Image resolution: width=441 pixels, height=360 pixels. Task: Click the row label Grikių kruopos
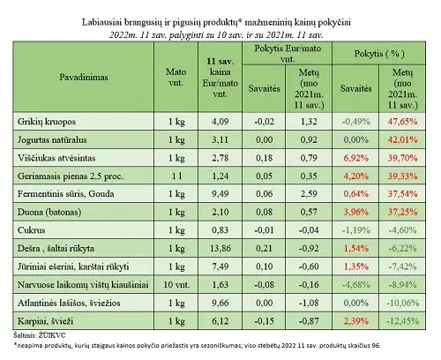[47, 122]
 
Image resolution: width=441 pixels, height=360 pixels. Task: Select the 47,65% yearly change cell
[402, 122]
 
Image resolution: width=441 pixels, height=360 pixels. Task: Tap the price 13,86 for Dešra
[220, 249]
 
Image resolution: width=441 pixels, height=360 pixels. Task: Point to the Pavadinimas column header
[84, 78]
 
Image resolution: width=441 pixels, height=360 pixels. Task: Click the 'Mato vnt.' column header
[176, 77]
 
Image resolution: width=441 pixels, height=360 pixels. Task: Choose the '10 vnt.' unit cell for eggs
[176, 285]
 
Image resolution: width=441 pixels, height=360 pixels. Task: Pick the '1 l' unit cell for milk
[176, 176]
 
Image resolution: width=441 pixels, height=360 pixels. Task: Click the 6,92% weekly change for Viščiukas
[356, 158]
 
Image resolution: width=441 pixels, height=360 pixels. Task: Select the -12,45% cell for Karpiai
[402, 321]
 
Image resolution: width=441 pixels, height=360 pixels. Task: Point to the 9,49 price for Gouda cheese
[220, 194]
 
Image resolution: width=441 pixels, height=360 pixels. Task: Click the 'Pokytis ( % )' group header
[379, 54]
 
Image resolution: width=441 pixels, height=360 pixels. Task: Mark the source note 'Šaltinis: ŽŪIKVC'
[40, 335]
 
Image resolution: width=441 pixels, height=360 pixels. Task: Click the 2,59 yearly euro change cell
[309, 194]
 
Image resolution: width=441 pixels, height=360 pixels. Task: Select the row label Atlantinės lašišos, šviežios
[69, 303]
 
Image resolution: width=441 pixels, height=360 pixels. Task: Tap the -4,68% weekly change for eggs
[355, 285]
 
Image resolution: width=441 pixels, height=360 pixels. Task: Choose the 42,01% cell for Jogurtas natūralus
[402, 139]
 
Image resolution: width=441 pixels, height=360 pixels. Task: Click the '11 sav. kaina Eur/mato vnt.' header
[220, 78]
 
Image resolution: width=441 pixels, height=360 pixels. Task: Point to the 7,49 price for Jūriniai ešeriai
[220, 266]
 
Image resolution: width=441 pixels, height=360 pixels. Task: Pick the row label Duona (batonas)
[49, 212]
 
